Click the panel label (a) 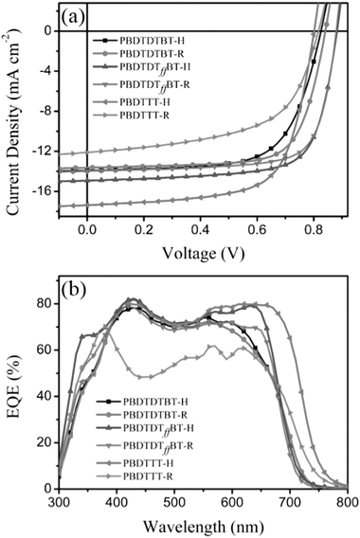tap(79, 16)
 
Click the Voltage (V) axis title tap(200, 255)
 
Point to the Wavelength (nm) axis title tap(200, 524)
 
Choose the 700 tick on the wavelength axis tap(290, 502)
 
